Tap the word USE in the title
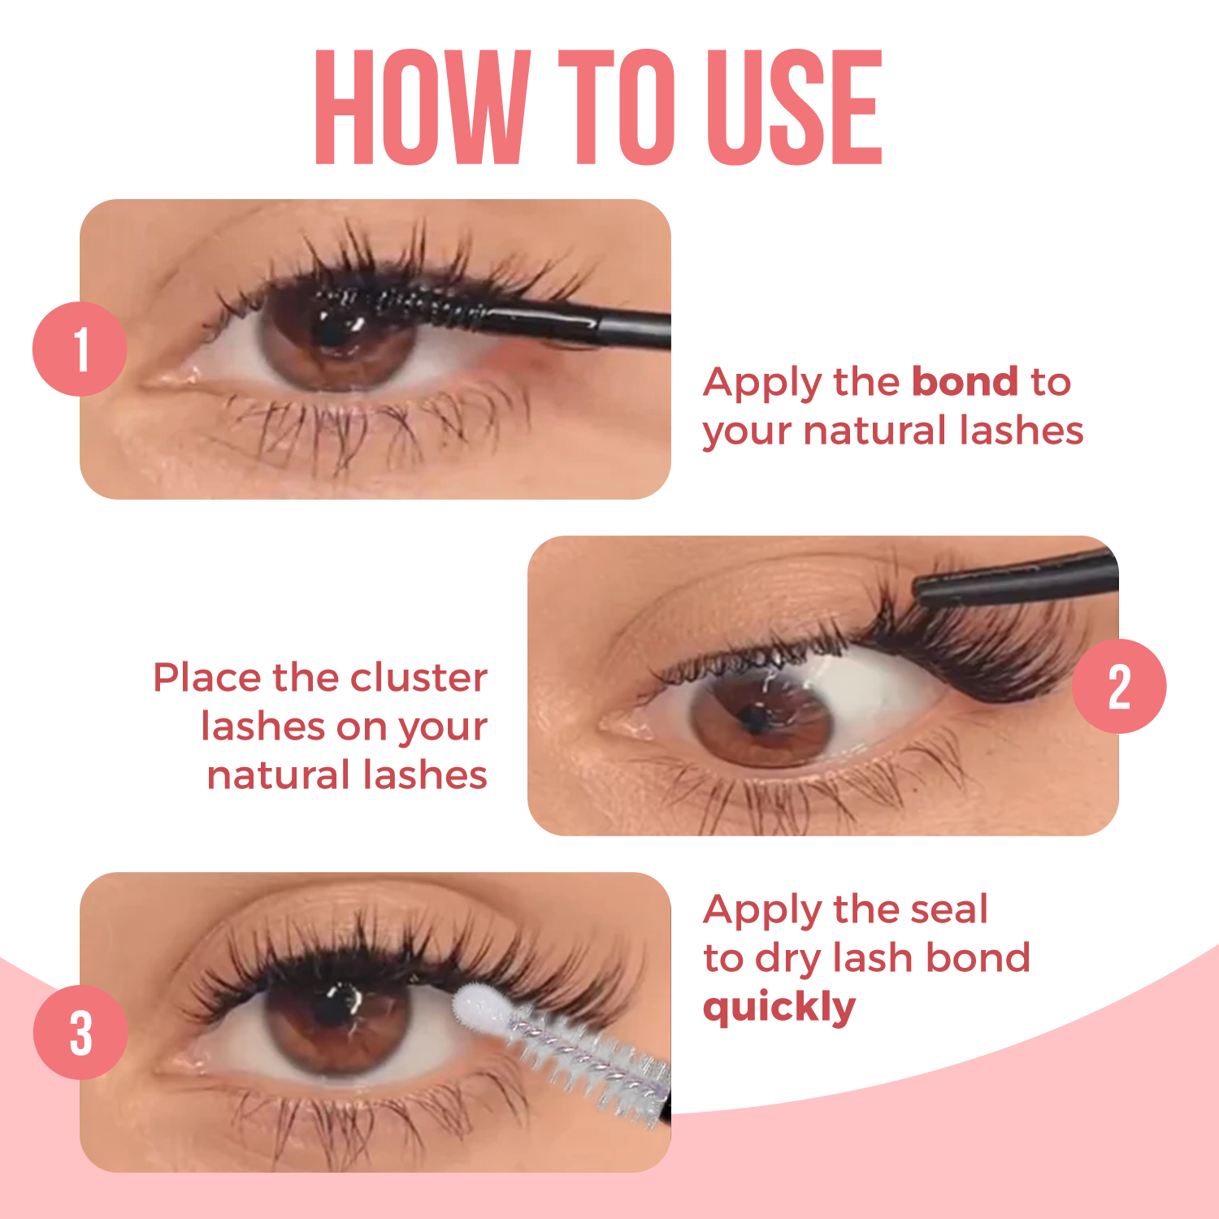pos(794,107)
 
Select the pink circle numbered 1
pos(80,349)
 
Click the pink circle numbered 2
pos(1119,686)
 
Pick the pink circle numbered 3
pos(80,1032)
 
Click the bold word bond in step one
pos(965,381)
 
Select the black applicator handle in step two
pos(1016,579)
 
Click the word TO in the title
pos(618,107)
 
